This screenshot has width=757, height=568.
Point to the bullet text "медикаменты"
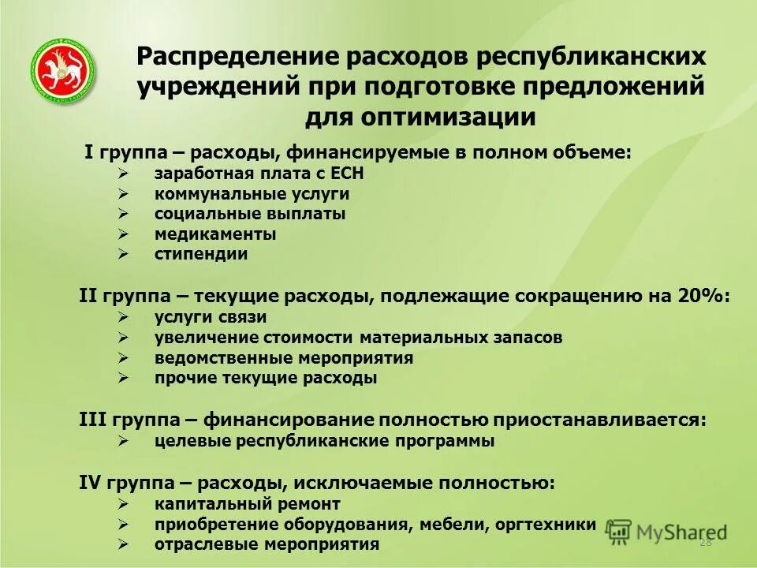[215, 234]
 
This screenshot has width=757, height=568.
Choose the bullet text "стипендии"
[201, 254]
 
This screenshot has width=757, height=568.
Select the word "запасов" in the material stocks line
[531, 338]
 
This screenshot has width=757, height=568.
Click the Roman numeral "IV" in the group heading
[90, 482]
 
